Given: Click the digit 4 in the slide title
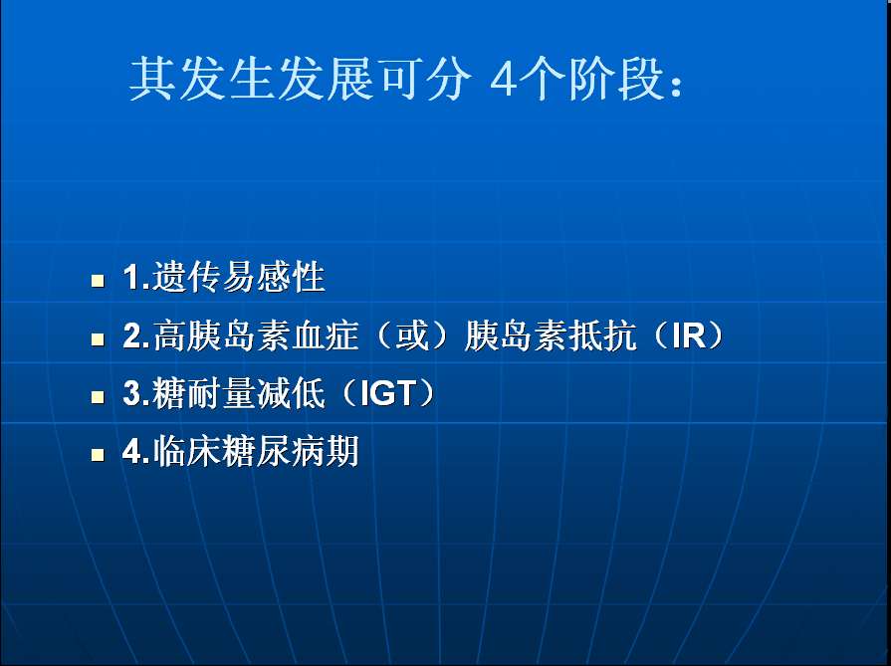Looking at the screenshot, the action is (504, 80).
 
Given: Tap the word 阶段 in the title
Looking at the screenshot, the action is (616, 79).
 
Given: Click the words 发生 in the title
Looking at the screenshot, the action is (226, 79).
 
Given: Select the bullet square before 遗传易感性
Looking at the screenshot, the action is (98, 281).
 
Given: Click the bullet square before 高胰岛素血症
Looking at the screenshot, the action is (98, 339).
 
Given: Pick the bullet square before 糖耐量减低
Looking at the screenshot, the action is (98, 396).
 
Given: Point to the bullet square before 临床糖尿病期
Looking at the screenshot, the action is (98, 455).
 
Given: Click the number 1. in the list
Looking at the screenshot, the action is (136, 278).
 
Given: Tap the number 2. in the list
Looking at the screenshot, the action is (136, 335).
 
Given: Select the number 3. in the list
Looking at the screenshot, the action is (136, 393).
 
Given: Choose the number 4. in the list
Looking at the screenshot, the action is (136, 451).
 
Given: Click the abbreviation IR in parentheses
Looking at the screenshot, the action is (688, 335).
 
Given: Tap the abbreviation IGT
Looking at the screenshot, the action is (388, 393).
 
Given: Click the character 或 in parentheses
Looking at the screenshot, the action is (412, 335).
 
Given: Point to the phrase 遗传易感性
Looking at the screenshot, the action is (239, 277).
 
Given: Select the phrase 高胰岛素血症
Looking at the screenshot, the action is (256, 335).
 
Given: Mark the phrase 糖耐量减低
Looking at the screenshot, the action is (239, 392).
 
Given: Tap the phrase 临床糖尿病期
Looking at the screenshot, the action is (256, 451).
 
